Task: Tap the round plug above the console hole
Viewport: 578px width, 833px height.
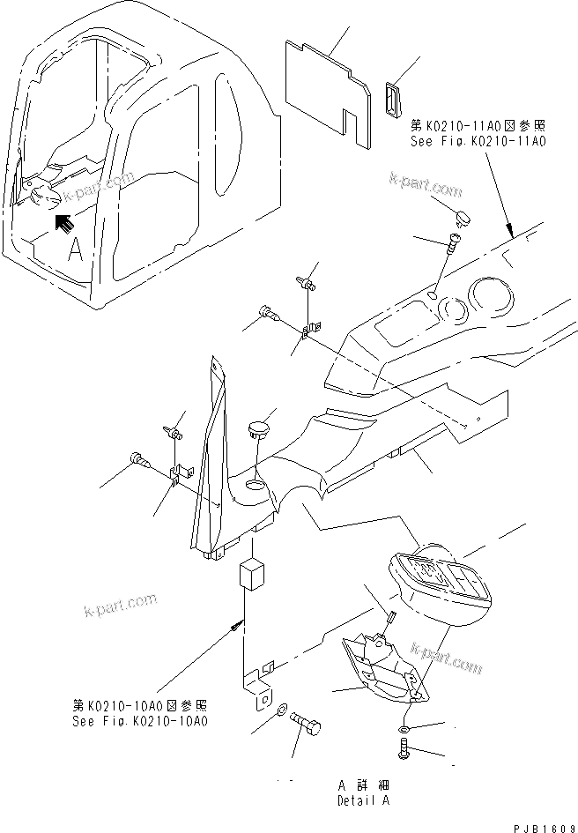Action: coord(257,430)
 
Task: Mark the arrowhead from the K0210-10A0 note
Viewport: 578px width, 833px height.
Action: coord(237,624)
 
